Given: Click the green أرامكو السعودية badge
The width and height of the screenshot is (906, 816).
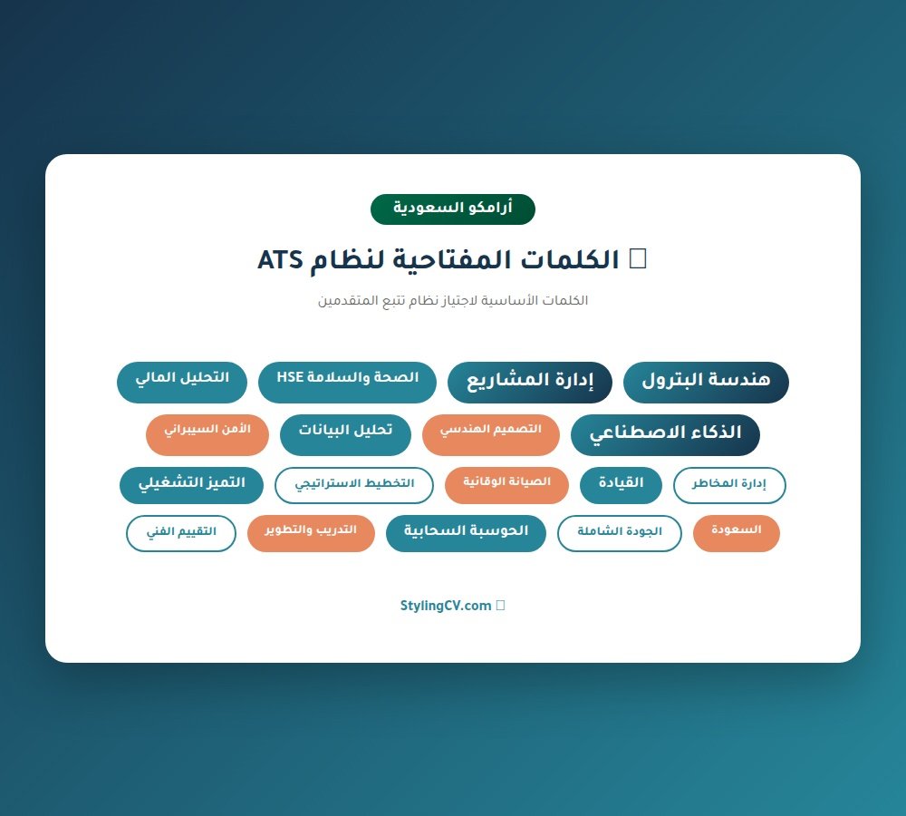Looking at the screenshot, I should point(452,209).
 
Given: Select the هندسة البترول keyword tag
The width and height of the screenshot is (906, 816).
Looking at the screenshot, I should point(706,382).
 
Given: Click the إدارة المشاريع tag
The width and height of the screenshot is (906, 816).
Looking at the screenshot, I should point(529,382).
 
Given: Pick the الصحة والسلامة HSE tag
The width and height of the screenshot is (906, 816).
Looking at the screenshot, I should point(347,382).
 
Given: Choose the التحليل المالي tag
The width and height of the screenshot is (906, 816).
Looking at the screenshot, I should point(182,382).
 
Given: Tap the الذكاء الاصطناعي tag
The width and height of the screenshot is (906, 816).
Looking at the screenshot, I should point(665,435).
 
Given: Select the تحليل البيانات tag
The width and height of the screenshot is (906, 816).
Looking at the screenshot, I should point(345,434).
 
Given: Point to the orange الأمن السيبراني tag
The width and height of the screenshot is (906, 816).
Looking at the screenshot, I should point(207,434).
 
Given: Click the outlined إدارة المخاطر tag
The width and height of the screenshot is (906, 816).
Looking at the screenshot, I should point(729,485).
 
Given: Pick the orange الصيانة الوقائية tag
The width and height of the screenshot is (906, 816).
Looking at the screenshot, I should point(506,485).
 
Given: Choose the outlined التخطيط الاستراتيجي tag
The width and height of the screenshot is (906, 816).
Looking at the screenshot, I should point(354,485).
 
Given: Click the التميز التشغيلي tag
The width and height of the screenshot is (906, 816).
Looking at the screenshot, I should point(191,485).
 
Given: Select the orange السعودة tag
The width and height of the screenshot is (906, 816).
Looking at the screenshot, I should point(736,533).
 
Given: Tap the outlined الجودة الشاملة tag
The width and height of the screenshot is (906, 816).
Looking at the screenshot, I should point(619,533).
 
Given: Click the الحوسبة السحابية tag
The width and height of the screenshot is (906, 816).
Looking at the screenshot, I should point(465,533).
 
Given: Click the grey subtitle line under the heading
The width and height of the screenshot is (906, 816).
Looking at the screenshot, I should point(452,300).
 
